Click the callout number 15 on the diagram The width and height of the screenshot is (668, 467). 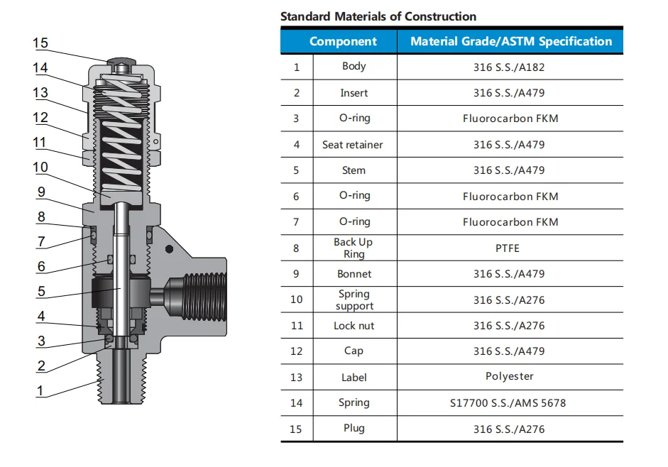tap(40, 43)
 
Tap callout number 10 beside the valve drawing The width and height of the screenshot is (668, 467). tap(40, 167)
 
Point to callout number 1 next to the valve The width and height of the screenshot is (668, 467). tap(40, 390)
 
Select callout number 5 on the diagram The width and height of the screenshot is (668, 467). tap(41, 291)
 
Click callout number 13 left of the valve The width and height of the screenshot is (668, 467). tap(40, 92)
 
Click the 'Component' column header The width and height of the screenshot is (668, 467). tap(343, 41)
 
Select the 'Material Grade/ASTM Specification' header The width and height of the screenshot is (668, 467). tap(510, 41)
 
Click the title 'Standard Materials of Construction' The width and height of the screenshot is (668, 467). tap(378, 16)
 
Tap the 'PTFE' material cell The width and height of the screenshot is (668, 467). tap(510, 248)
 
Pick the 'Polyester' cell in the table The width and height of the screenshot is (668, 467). tap(510, 376)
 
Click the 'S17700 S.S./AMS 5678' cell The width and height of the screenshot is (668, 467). tap(510, 403)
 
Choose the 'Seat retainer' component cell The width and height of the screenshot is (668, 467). tap(353, 145)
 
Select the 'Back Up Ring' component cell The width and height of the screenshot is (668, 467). tap(354, 248)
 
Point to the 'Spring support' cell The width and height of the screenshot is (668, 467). tap(354, 300)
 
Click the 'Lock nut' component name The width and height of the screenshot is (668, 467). tap(354, 326)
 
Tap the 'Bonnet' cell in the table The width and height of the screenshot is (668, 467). tap(354, 274)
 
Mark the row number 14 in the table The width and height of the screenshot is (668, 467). tap(296, 403)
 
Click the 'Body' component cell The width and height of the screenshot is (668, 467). tap(354, 66)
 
